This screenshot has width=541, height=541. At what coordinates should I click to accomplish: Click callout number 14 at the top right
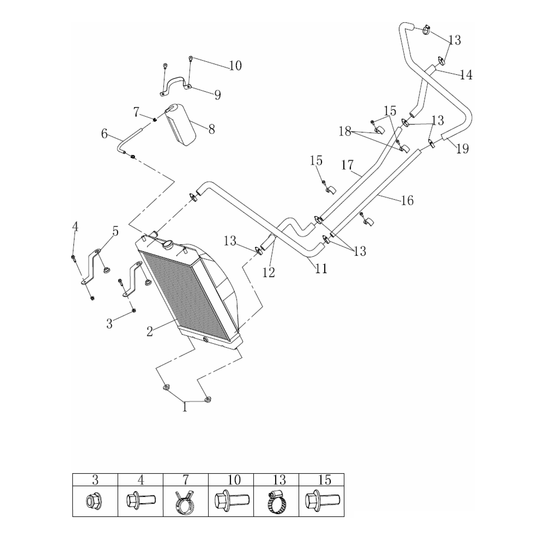coord(466,75)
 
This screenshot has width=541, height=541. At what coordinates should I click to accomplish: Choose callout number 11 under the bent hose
coord(321,269)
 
